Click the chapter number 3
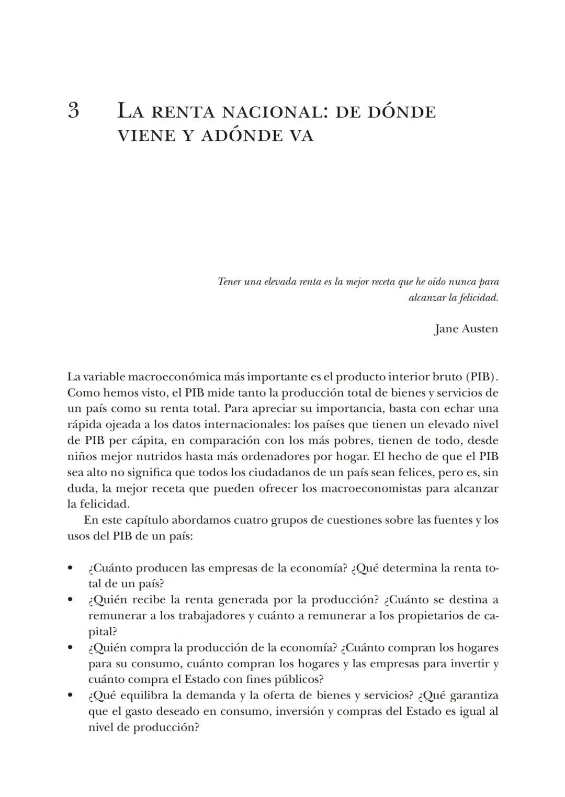tap(73, 111)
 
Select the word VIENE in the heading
tap(146, 136)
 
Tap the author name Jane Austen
tap(466, 329)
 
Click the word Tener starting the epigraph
tap(229, 282)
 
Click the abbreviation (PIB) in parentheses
tap(481, 377)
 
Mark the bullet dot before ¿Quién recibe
tap(70, 600)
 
